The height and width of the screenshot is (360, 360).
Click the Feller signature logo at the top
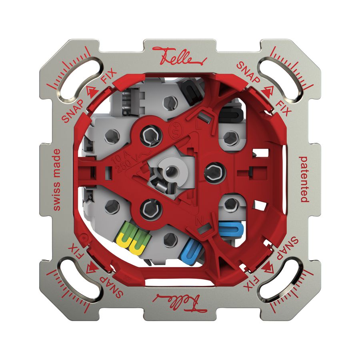point(179,59)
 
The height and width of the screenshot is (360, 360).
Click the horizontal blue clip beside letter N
point(231,229)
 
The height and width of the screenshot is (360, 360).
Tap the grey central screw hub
point(170,170)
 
